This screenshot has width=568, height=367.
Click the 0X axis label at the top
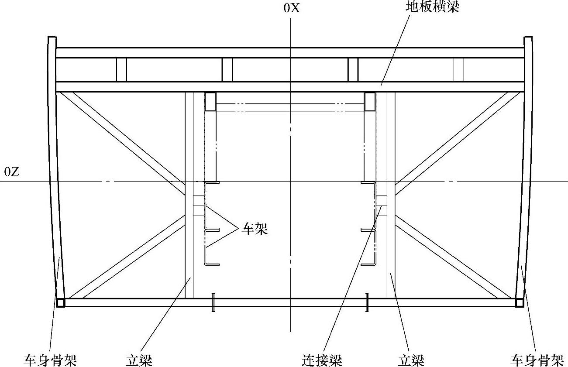point(292,8)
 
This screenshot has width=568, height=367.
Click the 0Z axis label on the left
point(11,172)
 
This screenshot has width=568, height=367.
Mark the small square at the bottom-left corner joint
point(61,302)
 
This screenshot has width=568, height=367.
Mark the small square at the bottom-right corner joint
point(519,302)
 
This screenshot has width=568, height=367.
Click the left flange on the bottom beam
point(213,302)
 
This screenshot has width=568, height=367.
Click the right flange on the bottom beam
point(367,302)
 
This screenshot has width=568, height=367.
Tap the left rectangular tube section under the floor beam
point(210,101)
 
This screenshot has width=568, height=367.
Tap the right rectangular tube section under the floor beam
point(370,101)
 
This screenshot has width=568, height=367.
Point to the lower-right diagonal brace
point(450,257)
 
